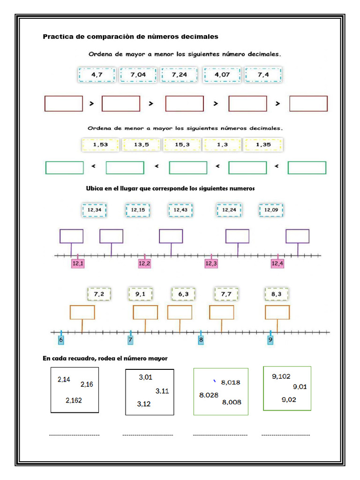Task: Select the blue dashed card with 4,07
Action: tap(222, 75)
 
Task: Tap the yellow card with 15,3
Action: tap(182, 145)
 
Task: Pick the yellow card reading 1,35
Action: tap(263, 145)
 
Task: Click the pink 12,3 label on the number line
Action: tap(211, 264)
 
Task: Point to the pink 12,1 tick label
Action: tap(78, 264)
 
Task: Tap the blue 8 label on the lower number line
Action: tap(201, 340)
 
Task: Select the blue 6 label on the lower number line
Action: tap(60, 340)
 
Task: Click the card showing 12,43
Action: tap(180, 210)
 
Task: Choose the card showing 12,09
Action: tap(271, 210)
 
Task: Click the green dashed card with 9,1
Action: tap(140, 294)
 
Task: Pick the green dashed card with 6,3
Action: tap(183, 294)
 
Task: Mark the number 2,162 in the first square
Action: tap(74, 400)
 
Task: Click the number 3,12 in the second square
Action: tap(144, 404)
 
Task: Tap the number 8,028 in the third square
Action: tap(209, 395)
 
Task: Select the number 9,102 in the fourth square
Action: tap(281, 376)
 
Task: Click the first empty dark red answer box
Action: tap(63, 104)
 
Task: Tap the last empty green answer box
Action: tap(307, 168)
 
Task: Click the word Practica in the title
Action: tap(58, 37)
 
